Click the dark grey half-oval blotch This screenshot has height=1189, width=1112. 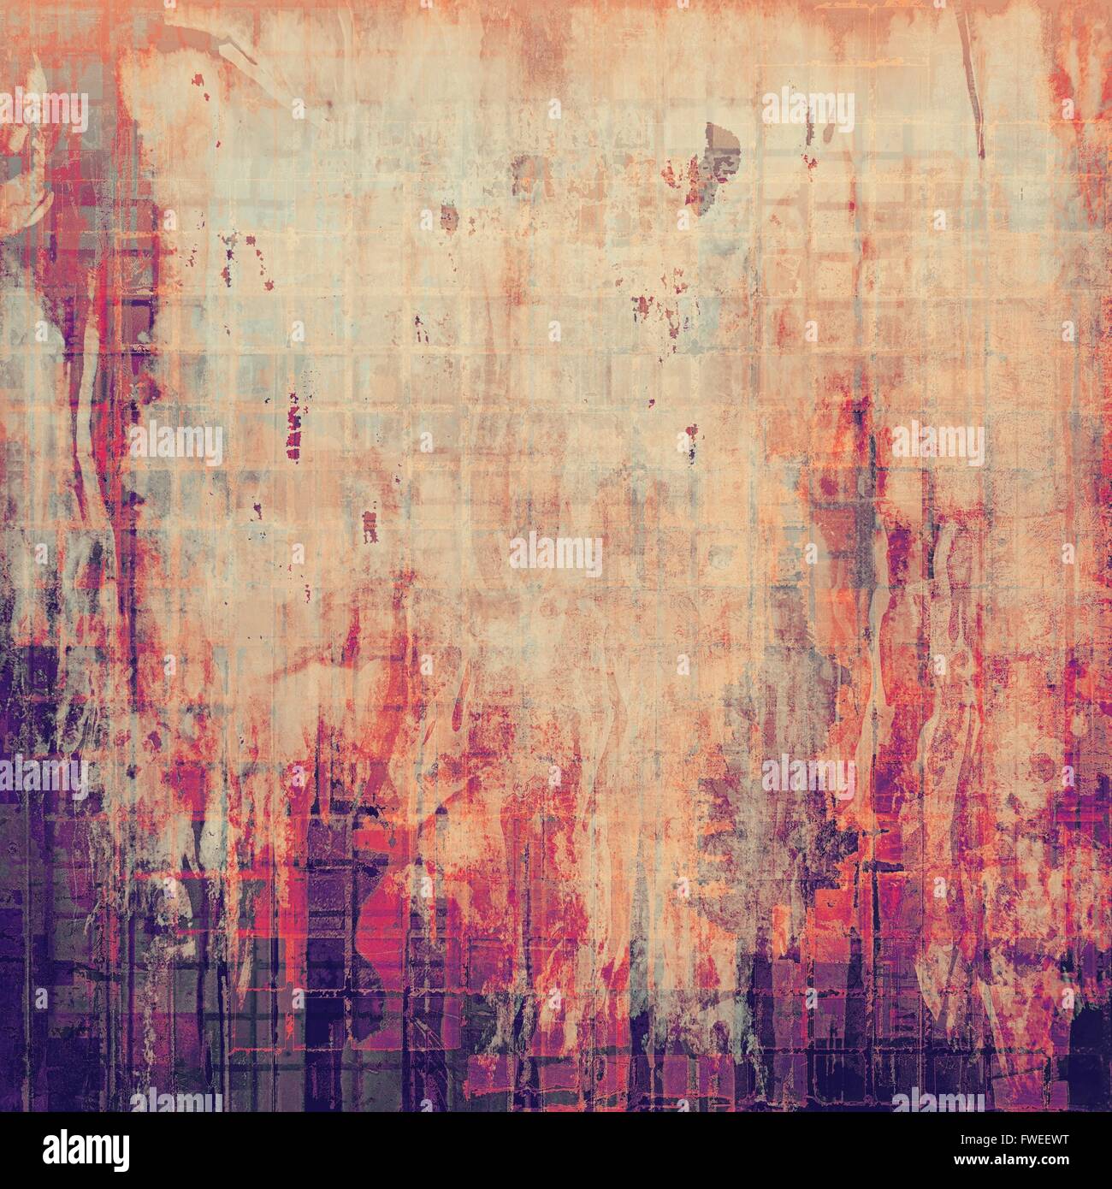tap(719, 138)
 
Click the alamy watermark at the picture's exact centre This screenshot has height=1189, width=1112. tap(556, 554)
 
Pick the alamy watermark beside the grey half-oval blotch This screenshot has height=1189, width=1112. tap(807, 109)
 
